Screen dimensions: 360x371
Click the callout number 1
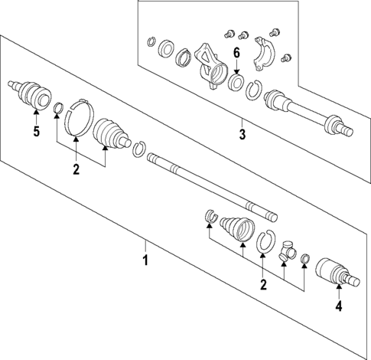click(x=145, y=261)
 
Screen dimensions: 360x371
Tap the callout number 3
click(x=241, y=136)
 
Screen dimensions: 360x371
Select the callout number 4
click(x=337, y=310)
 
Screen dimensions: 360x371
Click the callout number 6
click(x=236, y=52)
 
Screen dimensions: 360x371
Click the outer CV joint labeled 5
click(x=29, y=95)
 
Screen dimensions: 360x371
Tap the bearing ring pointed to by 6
click(x=236, y=80)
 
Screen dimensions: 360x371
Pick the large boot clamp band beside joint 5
click(x=77, y=118)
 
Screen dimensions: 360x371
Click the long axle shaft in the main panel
click(x=207, y=185)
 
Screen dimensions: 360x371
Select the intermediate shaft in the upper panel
click(x=306, y=112)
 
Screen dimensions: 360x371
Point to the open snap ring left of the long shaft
click(x=138, y=149)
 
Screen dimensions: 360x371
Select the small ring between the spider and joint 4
click(x=304, y=259)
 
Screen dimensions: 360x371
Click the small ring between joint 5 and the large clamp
click(x=57, y=106)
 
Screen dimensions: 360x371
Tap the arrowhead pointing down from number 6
click(x=236, y=67)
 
